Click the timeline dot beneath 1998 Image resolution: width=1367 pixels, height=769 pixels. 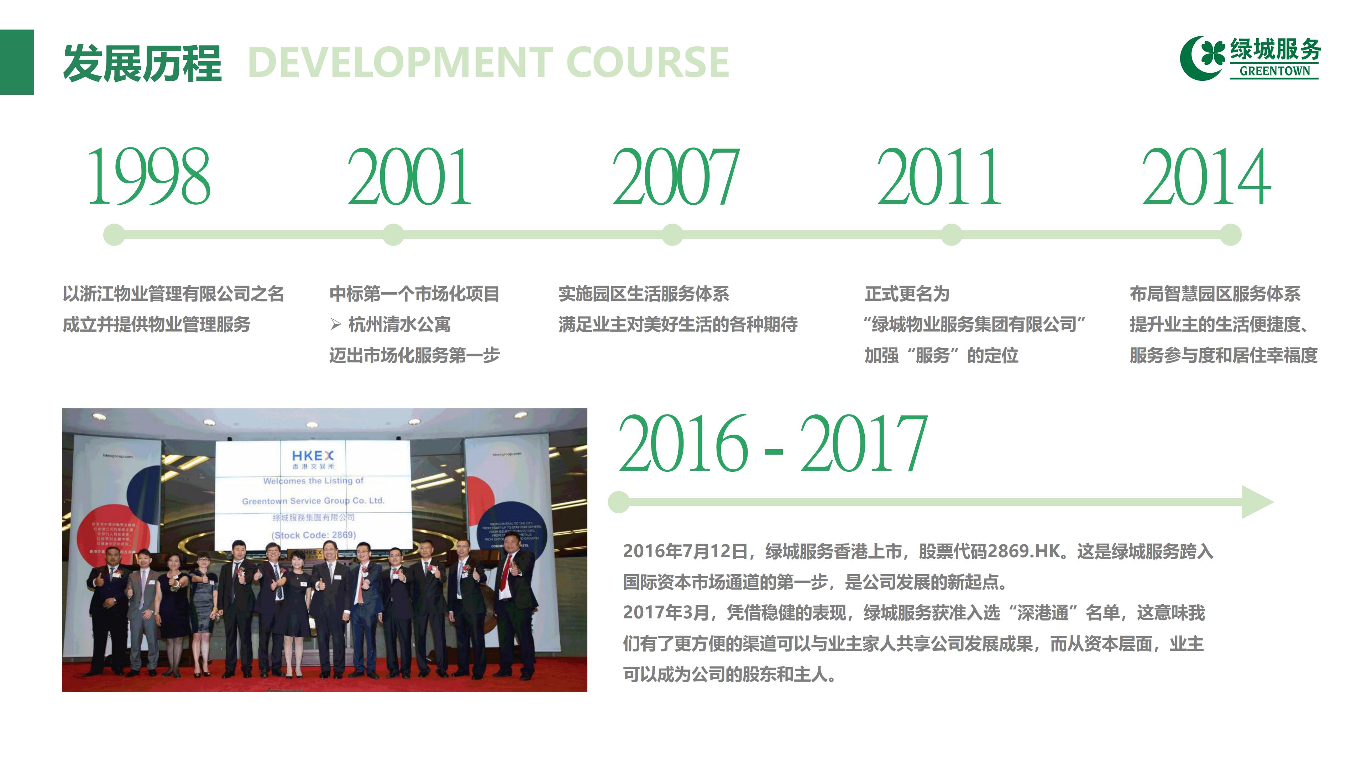[114, 235]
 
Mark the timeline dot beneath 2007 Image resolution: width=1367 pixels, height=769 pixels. [672, 235]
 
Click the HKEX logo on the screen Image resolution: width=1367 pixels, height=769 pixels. [313, 455]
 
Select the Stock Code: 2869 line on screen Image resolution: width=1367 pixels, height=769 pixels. [314, 535]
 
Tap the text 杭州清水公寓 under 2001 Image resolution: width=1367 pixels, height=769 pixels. [399, 324]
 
